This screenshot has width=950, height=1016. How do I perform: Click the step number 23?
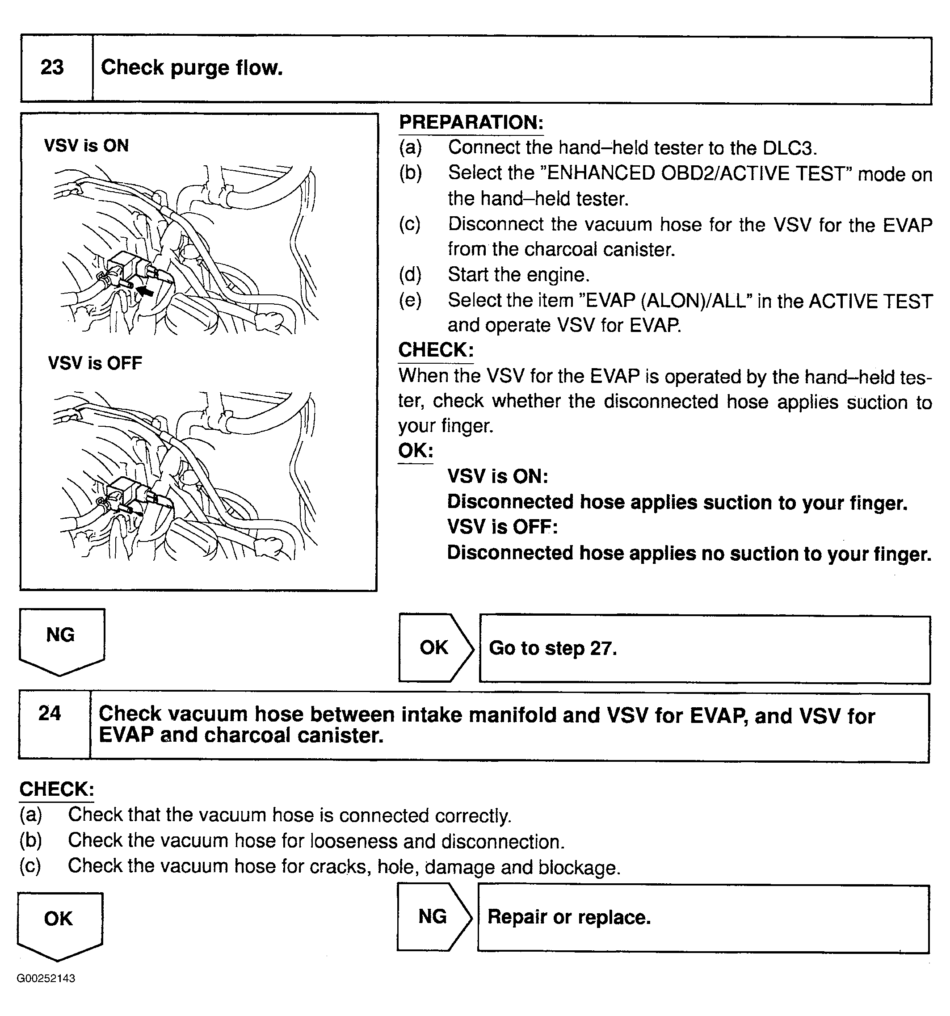52,67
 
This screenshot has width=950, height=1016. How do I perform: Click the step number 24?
50,714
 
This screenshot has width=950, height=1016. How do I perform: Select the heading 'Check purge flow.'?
192,67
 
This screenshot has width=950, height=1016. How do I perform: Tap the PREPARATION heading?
471,123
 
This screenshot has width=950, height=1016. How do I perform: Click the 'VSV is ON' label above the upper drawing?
86,146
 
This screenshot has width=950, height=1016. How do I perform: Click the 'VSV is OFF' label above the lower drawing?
95,363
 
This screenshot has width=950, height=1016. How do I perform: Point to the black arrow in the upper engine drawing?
145,291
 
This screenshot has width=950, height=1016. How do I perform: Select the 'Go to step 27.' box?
704,649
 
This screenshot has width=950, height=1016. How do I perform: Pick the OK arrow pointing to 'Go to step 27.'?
435,648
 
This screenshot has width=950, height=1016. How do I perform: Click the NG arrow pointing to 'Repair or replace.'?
434,917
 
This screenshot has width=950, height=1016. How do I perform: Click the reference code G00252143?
46,978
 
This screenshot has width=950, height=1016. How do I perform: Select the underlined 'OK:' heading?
416,451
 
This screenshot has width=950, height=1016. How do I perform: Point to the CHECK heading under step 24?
57,789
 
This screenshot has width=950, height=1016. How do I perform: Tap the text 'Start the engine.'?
518,275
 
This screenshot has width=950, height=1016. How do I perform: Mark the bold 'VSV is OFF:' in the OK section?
502,527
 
